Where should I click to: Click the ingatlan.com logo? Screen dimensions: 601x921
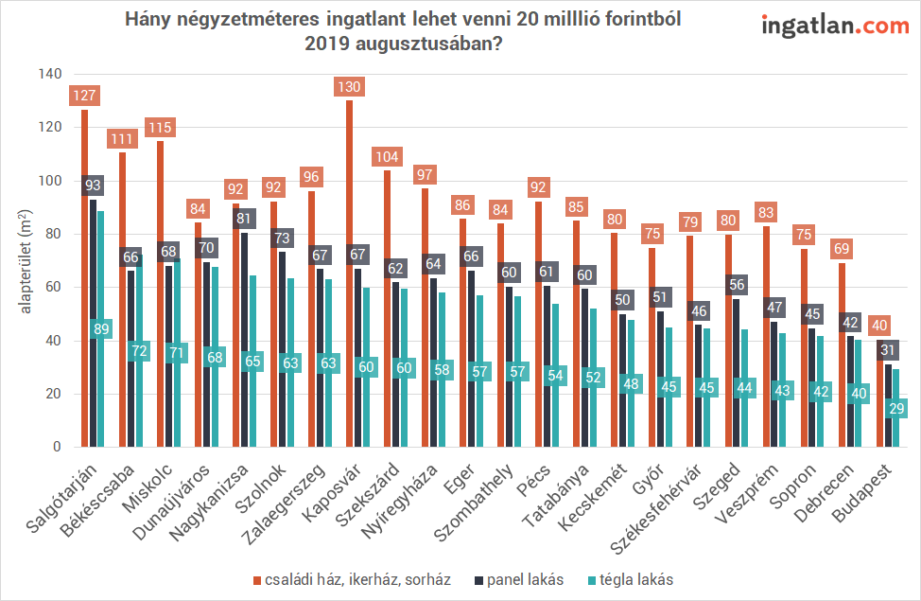835,27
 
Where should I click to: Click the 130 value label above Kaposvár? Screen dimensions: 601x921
350,86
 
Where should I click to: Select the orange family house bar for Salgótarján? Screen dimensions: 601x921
84,284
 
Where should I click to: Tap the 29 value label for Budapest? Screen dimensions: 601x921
896,409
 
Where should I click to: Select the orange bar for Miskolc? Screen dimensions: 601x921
160,303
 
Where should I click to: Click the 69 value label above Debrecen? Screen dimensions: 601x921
842,250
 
